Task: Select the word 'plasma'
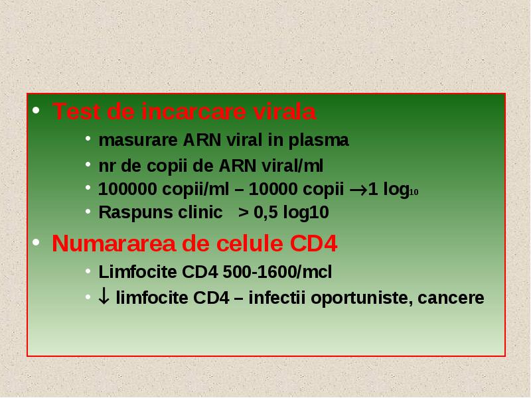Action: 319,141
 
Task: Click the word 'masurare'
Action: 138,140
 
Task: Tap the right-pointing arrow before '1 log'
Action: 358,190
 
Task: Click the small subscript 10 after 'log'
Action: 414,192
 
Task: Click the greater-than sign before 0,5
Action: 243,212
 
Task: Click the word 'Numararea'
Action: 114,243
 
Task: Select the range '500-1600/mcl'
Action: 277,272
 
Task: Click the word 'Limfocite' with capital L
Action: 138,272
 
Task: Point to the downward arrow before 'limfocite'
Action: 104,296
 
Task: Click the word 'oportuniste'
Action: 362,298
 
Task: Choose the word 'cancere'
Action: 451,298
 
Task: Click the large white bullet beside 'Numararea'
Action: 37,242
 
